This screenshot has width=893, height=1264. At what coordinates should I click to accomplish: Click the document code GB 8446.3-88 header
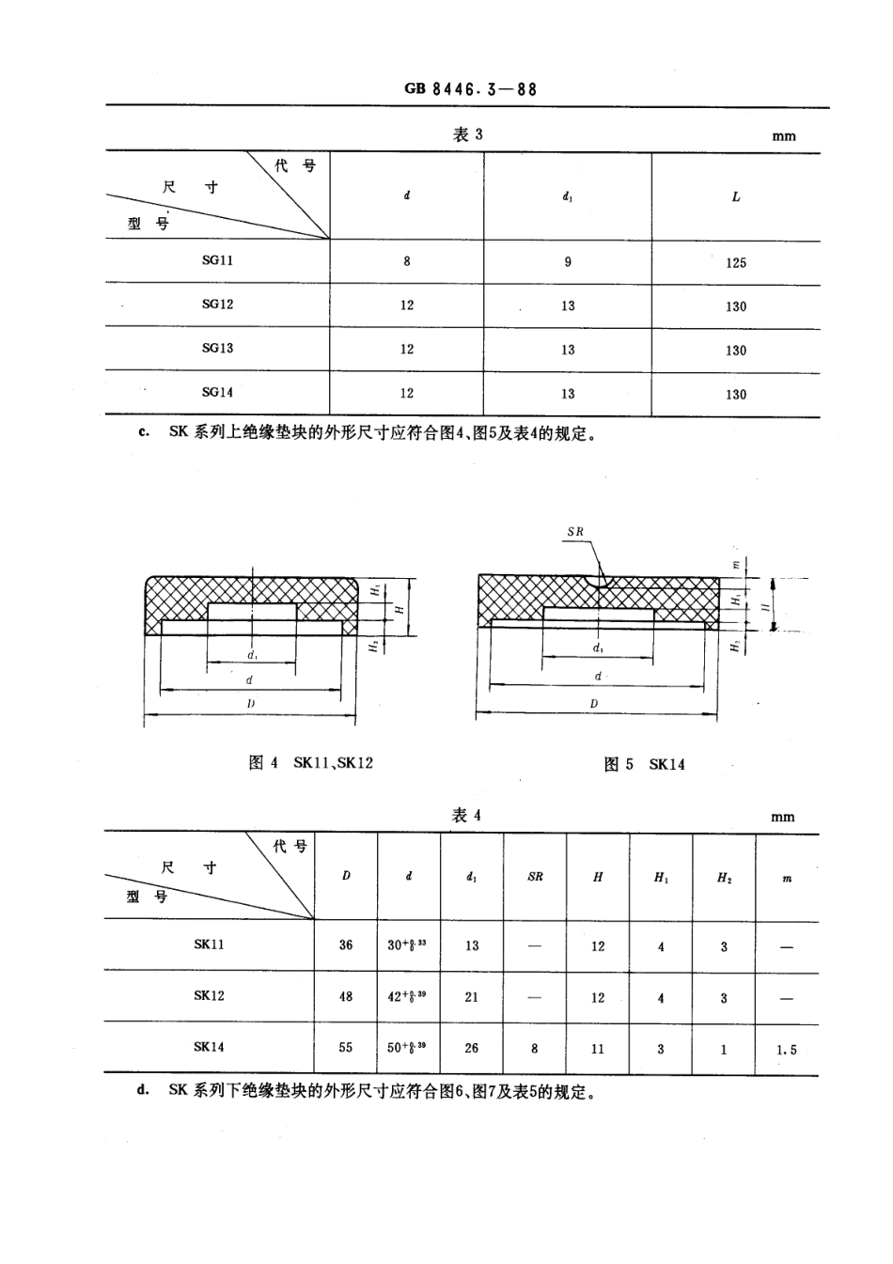[x=470, y=89]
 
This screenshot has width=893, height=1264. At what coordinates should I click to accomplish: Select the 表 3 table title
[x=467, y=134]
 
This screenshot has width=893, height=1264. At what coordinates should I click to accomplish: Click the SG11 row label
[x=217, y=260]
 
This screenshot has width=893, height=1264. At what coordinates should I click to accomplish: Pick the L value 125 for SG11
[x=735, y=263]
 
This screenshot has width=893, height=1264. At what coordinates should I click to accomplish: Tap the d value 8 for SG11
[x=407, y=261]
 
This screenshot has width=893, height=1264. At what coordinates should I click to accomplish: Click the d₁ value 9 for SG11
[x=568, y=262]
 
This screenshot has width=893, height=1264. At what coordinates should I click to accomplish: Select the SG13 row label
[x=217, y=348]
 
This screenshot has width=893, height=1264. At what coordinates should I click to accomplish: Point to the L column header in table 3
[x=736, y=197]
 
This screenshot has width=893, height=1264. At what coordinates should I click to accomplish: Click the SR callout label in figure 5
[x=575, y=532]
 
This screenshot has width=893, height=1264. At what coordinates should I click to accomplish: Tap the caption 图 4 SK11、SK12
[x=311, y=762]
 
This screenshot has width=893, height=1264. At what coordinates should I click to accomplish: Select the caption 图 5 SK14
[x=644, y=764]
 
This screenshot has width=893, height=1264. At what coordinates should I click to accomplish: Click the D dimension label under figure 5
[x=594, y=704]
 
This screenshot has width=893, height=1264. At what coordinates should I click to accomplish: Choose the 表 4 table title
[x=466, y=815]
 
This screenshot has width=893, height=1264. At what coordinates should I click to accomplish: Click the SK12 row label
[x=209, y=995]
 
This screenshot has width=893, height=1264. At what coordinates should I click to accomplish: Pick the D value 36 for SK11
[x=346, y=944]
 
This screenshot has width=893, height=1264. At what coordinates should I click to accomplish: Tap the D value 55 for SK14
[x=346, y=1047]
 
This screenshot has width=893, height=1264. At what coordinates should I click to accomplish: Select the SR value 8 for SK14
[x=535, y=1048]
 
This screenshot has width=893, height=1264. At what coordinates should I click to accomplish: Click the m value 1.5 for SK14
[x=787, y=1050]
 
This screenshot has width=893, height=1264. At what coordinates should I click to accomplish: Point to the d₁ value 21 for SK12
[x=472, y=997]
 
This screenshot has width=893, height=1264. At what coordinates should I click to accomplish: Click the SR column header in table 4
[x=535, y=877]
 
